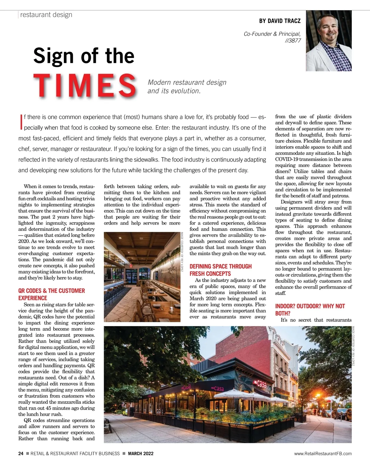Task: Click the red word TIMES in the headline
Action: (85, 85)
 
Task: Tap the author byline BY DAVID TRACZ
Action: (280, 21)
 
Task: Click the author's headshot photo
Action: (329, 41)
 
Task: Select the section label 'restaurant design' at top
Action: (46, 15)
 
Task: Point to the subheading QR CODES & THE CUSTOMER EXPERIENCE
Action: (51, 294)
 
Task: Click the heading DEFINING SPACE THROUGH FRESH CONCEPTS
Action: (220, 270)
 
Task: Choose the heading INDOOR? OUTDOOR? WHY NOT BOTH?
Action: (310, 309)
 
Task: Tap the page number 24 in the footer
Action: (21, 453)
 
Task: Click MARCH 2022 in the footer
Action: (141, 453)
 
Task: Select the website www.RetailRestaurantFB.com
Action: (323, 453)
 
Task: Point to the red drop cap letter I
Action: (21, 121)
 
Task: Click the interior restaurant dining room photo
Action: (142, 277)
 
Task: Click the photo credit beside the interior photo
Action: (182, 252)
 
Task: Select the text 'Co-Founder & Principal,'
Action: (272, 34)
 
